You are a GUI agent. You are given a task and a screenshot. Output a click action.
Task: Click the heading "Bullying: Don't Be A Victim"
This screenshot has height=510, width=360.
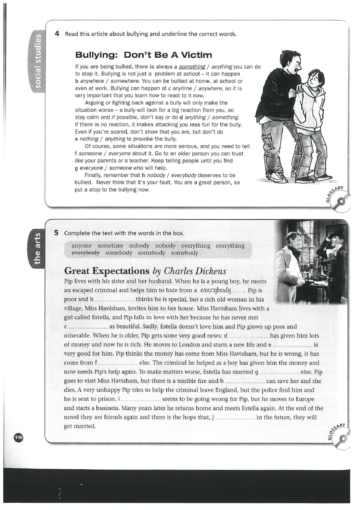pos(144,54)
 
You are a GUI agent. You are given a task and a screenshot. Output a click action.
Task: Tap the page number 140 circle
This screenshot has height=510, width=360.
pos(19,437)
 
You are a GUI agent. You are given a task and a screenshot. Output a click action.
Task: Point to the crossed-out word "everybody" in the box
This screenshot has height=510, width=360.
pos(85,253)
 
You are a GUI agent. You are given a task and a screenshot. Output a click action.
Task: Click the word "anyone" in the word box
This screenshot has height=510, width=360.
pos(82,246)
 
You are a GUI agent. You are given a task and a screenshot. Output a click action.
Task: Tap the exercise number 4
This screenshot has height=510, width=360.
pos(57,33)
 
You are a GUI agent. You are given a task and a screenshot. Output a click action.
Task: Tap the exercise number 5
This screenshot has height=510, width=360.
pos(57,233)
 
